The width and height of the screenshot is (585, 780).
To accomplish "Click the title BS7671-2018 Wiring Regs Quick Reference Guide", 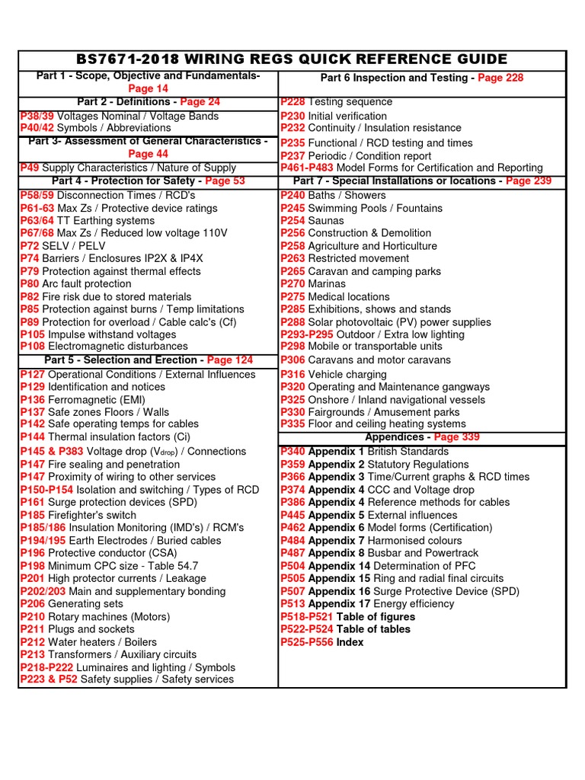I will (x=292, y=59).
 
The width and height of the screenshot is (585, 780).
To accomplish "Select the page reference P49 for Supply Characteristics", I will (x=30, y=168).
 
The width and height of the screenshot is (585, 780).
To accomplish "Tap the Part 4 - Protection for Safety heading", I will (x=148, y=181).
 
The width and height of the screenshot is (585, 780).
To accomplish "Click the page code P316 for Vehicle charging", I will (x=292, y=375).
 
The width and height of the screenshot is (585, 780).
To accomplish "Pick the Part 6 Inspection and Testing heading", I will (x=422, y=78).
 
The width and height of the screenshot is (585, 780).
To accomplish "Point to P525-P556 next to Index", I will (x=307, y=642).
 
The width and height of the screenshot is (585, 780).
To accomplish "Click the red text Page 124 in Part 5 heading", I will (x=230, y=360).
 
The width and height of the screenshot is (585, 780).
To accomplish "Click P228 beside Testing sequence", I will (x=292, y=102).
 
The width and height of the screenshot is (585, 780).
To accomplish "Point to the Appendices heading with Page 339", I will (x=422, y=437).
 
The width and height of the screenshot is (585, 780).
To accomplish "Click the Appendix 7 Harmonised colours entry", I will (x=389, y=540).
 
